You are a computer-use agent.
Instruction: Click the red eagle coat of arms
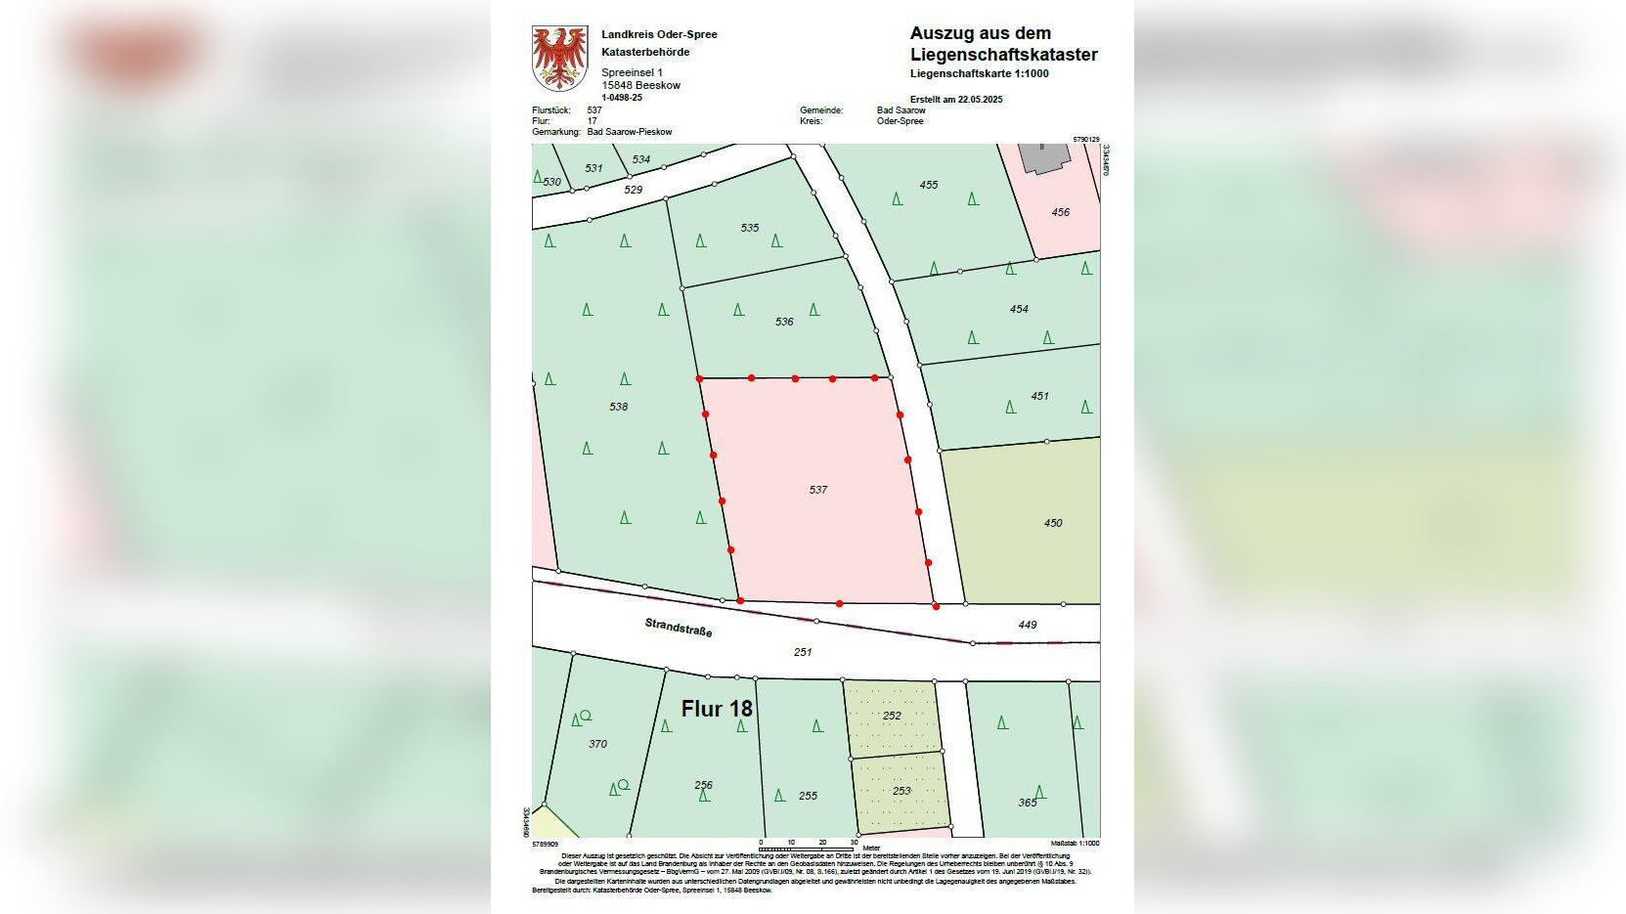[559, 58]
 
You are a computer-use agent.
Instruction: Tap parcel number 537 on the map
[818, 490]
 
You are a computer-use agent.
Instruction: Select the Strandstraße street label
[679, 627]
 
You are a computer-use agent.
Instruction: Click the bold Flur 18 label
[717, 709]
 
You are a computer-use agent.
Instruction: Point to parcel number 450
[1053, 523]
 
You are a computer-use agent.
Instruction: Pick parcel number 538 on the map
[619, 407]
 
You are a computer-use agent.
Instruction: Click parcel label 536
[784, 322]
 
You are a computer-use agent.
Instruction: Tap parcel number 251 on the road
[803, 652]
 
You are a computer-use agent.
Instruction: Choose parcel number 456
[1061, 212]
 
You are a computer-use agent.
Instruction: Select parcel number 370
[597, 744]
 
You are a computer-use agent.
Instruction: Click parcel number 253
[901, 791]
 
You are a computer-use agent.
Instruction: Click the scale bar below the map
[807, 848]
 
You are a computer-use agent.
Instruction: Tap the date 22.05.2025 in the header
[981, 100]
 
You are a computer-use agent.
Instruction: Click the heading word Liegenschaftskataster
[1003, 55]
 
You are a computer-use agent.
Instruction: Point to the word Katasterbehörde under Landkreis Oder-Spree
[645, 52]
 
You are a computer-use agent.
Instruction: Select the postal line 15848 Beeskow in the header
[640, 85]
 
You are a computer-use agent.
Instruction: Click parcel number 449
[1028, 625]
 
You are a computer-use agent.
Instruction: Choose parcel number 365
[1027, 803]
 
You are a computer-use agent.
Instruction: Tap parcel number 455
[929, 185]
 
